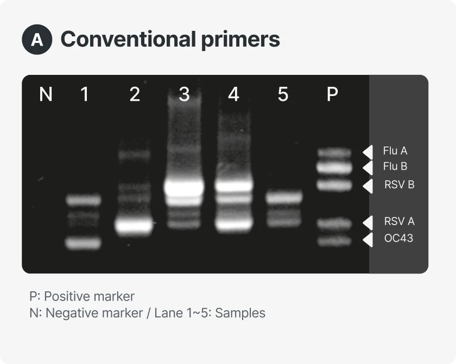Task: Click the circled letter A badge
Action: coord(37,40)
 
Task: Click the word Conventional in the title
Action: coord(128,39)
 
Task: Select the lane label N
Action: coord(46,94)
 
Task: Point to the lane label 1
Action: coord(84,94)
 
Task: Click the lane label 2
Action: coord(135,94)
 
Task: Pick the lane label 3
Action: coord(184,94)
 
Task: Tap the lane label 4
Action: coord(233,94)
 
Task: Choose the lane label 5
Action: coord(283,94)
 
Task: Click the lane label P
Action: coord(332,94)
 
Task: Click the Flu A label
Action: coord(395,151)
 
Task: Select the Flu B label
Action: coord(395,167)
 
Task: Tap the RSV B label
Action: coord(399,184)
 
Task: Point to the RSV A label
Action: coord(399,221)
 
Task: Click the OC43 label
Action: coord(398,238)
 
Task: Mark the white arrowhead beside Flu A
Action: coord(368,151)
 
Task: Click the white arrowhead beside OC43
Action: coord(368,239)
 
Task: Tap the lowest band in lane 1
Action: coord(84,243)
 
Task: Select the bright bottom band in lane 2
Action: coord(134,225)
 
